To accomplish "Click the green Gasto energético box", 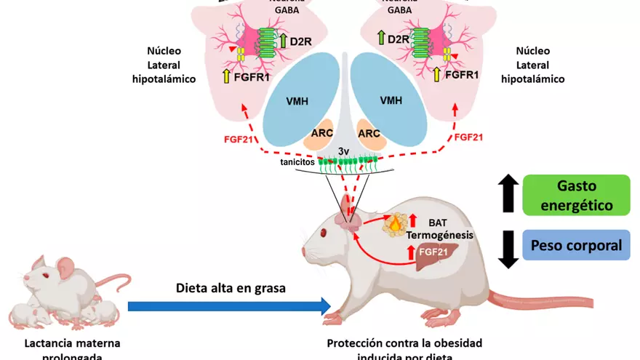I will pos(575,195).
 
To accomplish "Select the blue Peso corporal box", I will pos(575,246).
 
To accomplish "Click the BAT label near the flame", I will pos(439,222).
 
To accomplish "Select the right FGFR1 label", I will pos(461,75).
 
